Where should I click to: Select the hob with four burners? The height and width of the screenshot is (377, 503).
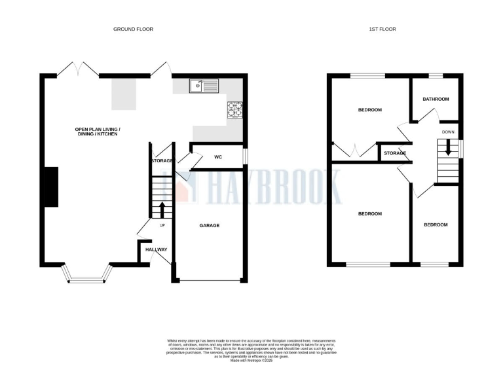[234, 110]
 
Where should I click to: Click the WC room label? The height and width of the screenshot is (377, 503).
[219, 157]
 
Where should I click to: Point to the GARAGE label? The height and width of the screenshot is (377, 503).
[210, 225]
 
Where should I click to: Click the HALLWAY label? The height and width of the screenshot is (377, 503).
[157, 249]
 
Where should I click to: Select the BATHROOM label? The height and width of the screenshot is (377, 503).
[436, 99]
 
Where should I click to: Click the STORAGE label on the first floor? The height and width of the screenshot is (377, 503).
[395, 153]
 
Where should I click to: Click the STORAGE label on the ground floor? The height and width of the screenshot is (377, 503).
[161, 160]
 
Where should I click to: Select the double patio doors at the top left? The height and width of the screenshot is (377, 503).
[72, 68]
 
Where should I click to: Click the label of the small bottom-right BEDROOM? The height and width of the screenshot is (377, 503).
[436, 224]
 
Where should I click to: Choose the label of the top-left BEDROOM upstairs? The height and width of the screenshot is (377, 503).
[369, 109]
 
